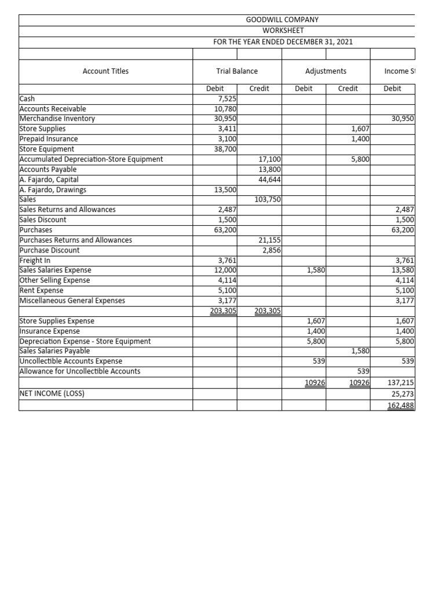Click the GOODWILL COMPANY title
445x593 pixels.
click(x=282, y=20)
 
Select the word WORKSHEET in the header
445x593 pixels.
click(x=282, y=30)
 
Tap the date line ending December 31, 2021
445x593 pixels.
click(x=283, y=42)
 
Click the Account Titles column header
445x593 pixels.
click(x=105, y=71)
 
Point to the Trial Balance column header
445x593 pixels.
click(x=237, y=71)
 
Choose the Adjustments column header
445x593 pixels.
click(x=326, y=71)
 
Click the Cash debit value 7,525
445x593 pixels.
click(x=225, y=99)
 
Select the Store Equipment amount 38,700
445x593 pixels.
click(x=223, y=149)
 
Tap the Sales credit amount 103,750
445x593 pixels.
click(x=268, y=200)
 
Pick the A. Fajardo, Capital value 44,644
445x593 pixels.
click(x=269, y=180)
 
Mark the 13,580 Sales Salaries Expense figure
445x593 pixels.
click(x=403, y=270)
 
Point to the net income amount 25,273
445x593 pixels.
click(x=403, y=394)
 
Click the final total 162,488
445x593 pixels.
click(x=401, y=405)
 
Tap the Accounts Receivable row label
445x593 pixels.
click(x=53, y=109)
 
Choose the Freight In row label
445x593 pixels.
click(x=35, y=261)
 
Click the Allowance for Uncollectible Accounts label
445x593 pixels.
click(x=80, y=371)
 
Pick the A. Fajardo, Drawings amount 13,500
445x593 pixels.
click(x=223, y=190)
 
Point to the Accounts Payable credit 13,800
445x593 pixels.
click(x=269, y=170)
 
